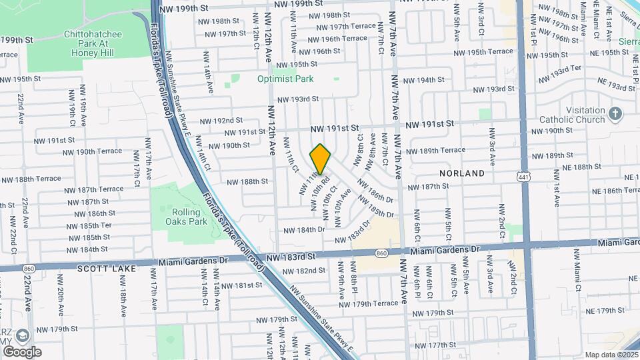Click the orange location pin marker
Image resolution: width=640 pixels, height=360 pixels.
pos(321,159)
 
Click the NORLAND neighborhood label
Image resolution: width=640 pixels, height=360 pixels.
pos(462,173)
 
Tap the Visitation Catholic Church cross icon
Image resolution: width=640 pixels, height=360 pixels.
pos(615,115)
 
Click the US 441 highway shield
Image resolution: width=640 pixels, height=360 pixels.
pos(523,175)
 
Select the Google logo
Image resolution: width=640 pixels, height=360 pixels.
pos(22,352)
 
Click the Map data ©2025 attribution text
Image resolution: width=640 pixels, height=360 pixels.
pos(612,355)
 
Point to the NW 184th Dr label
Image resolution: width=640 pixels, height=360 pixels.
pos(303,229)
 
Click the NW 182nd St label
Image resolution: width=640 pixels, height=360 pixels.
pos(303,271)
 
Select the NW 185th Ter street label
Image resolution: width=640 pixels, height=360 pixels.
pos(88,225)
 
